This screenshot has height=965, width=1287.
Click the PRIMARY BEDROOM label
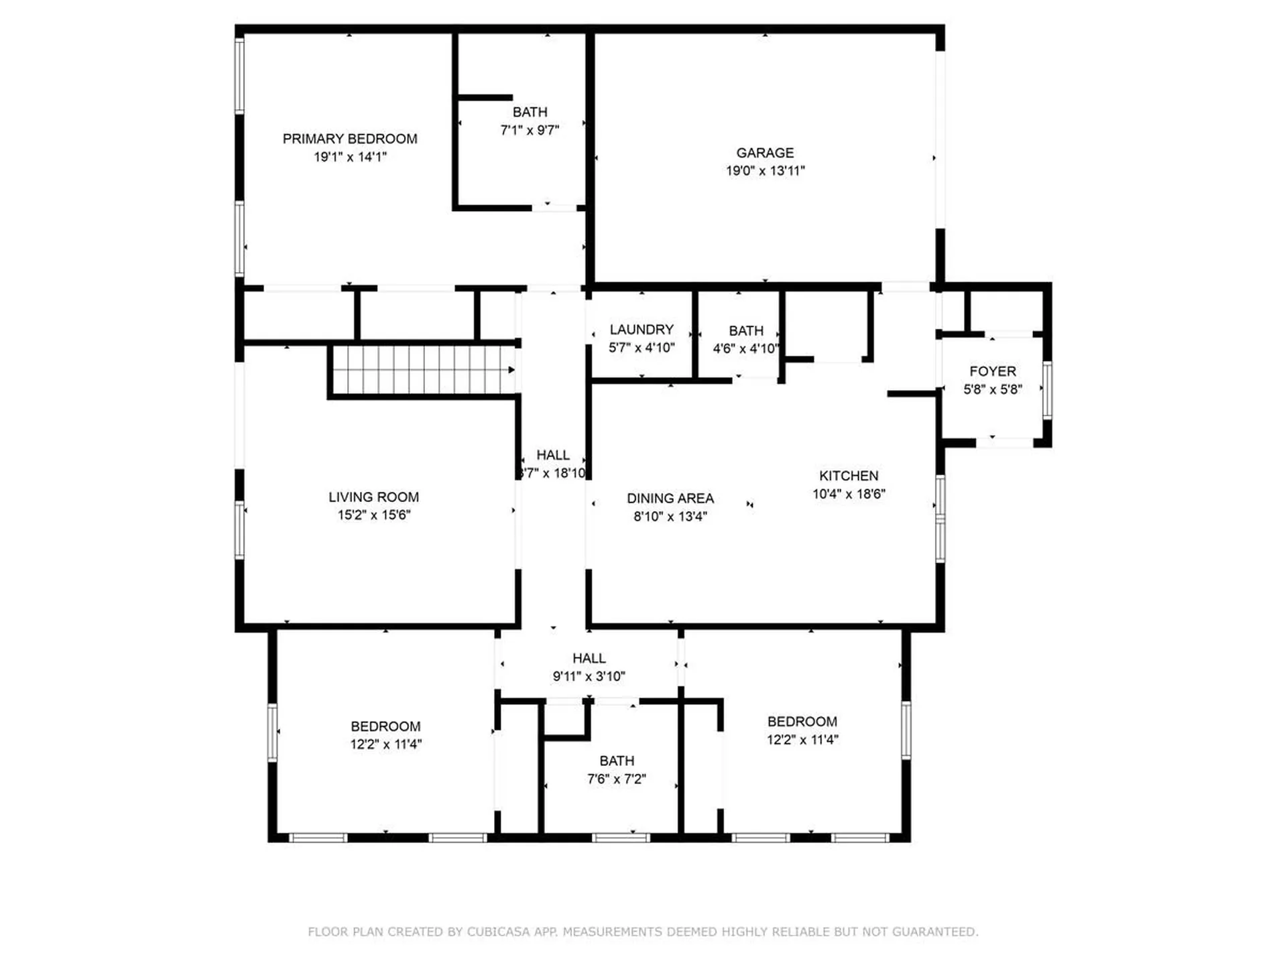349,139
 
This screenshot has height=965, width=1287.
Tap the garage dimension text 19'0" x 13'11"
765,171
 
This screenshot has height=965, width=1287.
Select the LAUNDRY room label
641,330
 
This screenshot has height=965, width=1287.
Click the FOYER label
992,371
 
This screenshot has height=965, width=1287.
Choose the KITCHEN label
848,476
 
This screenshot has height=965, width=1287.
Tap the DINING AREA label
670,499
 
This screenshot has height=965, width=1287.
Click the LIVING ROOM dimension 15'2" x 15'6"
373,515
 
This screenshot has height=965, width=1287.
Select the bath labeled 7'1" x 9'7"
530,113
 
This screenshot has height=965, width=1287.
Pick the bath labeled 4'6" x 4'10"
745,331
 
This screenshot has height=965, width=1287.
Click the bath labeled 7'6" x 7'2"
616,761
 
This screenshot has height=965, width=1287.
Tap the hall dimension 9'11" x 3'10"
589,677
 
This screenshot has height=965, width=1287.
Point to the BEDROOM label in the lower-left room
385,726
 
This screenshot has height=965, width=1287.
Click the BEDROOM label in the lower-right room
802,722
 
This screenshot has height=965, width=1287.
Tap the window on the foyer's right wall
1047,390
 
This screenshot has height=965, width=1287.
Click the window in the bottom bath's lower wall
621,838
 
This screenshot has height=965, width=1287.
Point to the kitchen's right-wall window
940,518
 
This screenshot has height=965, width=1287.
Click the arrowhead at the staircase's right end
511,370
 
